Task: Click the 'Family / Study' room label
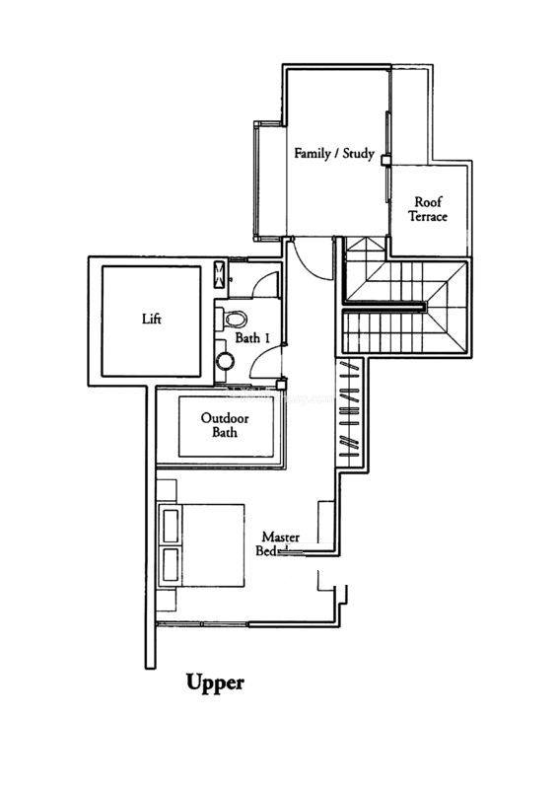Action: pyautogui.click(x=334, y=153)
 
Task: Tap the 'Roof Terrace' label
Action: pyautogui.click(x=428, y=209)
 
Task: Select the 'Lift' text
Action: pyautogui.click(x=152, y=319)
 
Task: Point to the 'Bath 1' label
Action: pyautogui.click(x=252, y=337)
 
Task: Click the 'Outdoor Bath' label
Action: pyautogui.click(x=225, y=425)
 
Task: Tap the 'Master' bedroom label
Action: pyautogui.click(x=281, y=537)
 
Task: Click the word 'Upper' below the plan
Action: pyautogui.click(x=215, y=683)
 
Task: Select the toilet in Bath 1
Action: pyautogui.click(x=232, y=319)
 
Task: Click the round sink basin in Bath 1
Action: pyautogui.click(x=225, y=361)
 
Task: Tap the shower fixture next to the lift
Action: pyautogui.click(x=220, y=274)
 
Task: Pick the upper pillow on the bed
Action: pyautogui.click(x=172, y=527)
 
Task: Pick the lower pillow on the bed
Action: pyautogui.click(x=172, y=564)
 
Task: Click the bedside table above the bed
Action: pyautogui.click(x=167, y=490)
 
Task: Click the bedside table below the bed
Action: pyautogui.click(x=167, y=601)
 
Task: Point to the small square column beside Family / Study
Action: pyautogui.click(x=385, y=161)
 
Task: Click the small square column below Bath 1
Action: pyautogui.click(x=281, y=385)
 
